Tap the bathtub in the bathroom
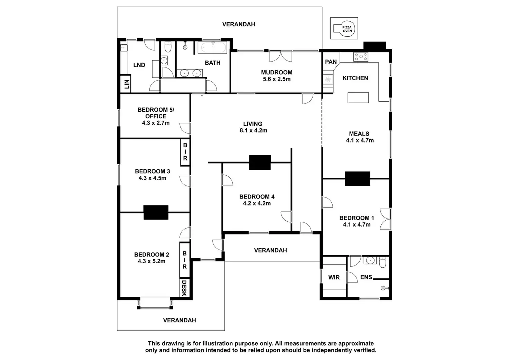pyautogui.click(x=212, y=47)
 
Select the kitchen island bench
pyautogui.click(x=358, y=98)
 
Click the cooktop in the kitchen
pyautogui.click(x=361, y=57)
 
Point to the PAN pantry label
pyautogui.click(x=331, y=62)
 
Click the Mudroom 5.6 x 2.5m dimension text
pyautogui.click(x=277, y=79)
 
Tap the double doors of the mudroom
pyautogui.click(x=280, y=56)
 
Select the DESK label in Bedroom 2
pyautogui.click(x=184, y=288)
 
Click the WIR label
pyautogui.click(x=334, y=277)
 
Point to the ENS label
pyautogui.click(x=366, y=277)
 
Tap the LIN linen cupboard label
pyautogui.click(x=126, y=84)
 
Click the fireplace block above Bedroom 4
pyautogui.click(x=260, y=162)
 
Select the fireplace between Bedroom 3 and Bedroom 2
pyautogui.click(x=156, y=212)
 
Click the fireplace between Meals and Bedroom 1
pyautogui.click(x=358, y=179)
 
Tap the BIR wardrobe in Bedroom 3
pyautogui.click(x=185, y=152)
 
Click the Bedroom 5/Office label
pyautogui.click(x=156, y=113)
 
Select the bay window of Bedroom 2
pyautogui.click(x=155, y=303)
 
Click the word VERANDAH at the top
pyautogui.click(x=239, y=24)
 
